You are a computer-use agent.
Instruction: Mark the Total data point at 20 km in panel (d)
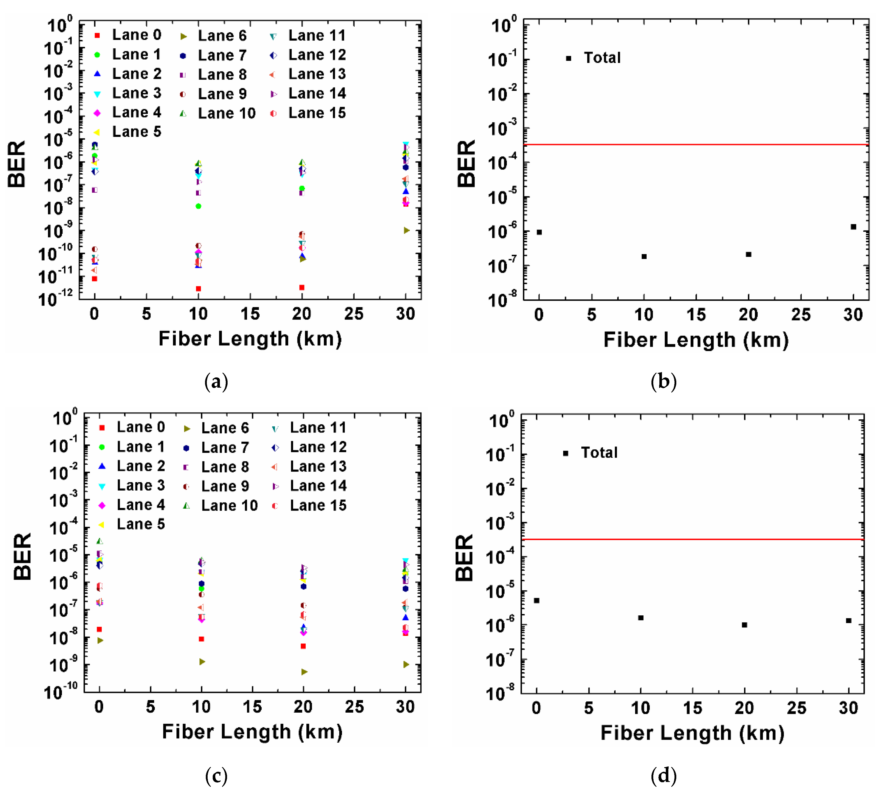744,625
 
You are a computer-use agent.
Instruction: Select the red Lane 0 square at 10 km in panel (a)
198,289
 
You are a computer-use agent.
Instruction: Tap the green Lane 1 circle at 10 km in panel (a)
198,206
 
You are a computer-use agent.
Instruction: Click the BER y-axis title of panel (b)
466,164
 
